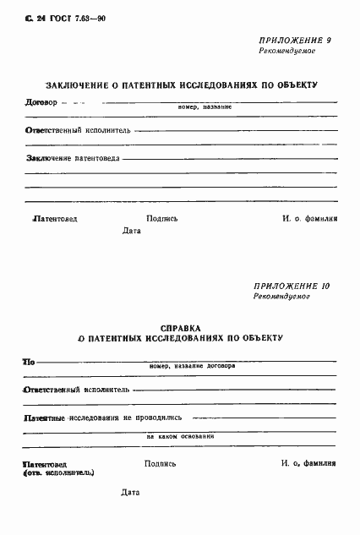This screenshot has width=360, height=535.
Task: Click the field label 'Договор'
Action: point(42,103)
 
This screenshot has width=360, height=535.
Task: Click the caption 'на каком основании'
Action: point(180,436)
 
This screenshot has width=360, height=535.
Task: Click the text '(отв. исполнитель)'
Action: point(59,473)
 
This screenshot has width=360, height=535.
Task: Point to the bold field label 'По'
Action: point(29,362)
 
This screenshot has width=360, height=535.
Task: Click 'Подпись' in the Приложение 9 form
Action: point(162,217)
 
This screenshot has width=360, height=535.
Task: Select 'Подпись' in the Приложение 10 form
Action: point(161,463)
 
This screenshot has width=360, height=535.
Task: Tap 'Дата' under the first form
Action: point(132,230)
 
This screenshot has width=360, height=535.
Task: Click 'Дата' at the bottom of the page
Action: point(129,492)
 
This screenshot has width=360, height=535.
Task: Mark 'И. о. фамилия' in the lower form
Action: point(308,463)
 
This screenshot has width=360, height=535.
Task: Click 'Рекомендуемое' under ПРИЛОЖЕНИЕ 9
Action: point(287,52)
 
